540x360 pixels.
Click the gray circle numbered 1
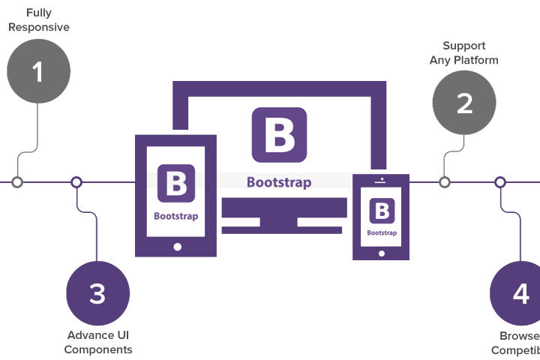click(x=38, y=71)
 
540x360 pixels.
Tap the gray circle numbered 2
click(x=464, y=103)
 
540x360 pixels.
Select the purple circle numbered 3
click(x=97, y=294)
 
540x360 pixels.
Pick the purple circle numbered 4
click(x=520, y=294)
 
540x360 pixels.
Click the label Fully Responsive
click(x=38, y=20)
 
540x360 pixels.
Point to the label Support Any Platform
click(x=463, y=52)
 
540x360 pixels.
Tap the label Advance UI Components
click(x=98, y=342)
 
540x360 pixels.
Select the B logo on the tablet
click(x=176, y=183)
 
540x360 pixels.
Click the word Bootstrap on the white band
click(x=279, y=182)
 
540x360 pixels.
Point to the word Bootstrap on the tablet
click(x=176, y=216)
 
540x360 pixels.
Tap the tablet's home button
click(x=177, y=245)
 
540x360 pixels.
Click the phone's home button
click(x=381, y=251)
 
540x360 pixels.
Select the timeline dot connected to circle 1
click(x=17, y=182)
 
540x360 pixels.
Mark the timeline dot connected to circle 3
click(x=76, y=182)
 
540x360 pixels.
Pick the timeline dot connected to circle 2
click(x=445, y=182)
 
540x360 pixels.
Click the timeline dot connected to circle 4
click(x=500, y=182)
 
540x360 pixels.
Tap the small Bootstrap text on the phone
click(x=381, y=232)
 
